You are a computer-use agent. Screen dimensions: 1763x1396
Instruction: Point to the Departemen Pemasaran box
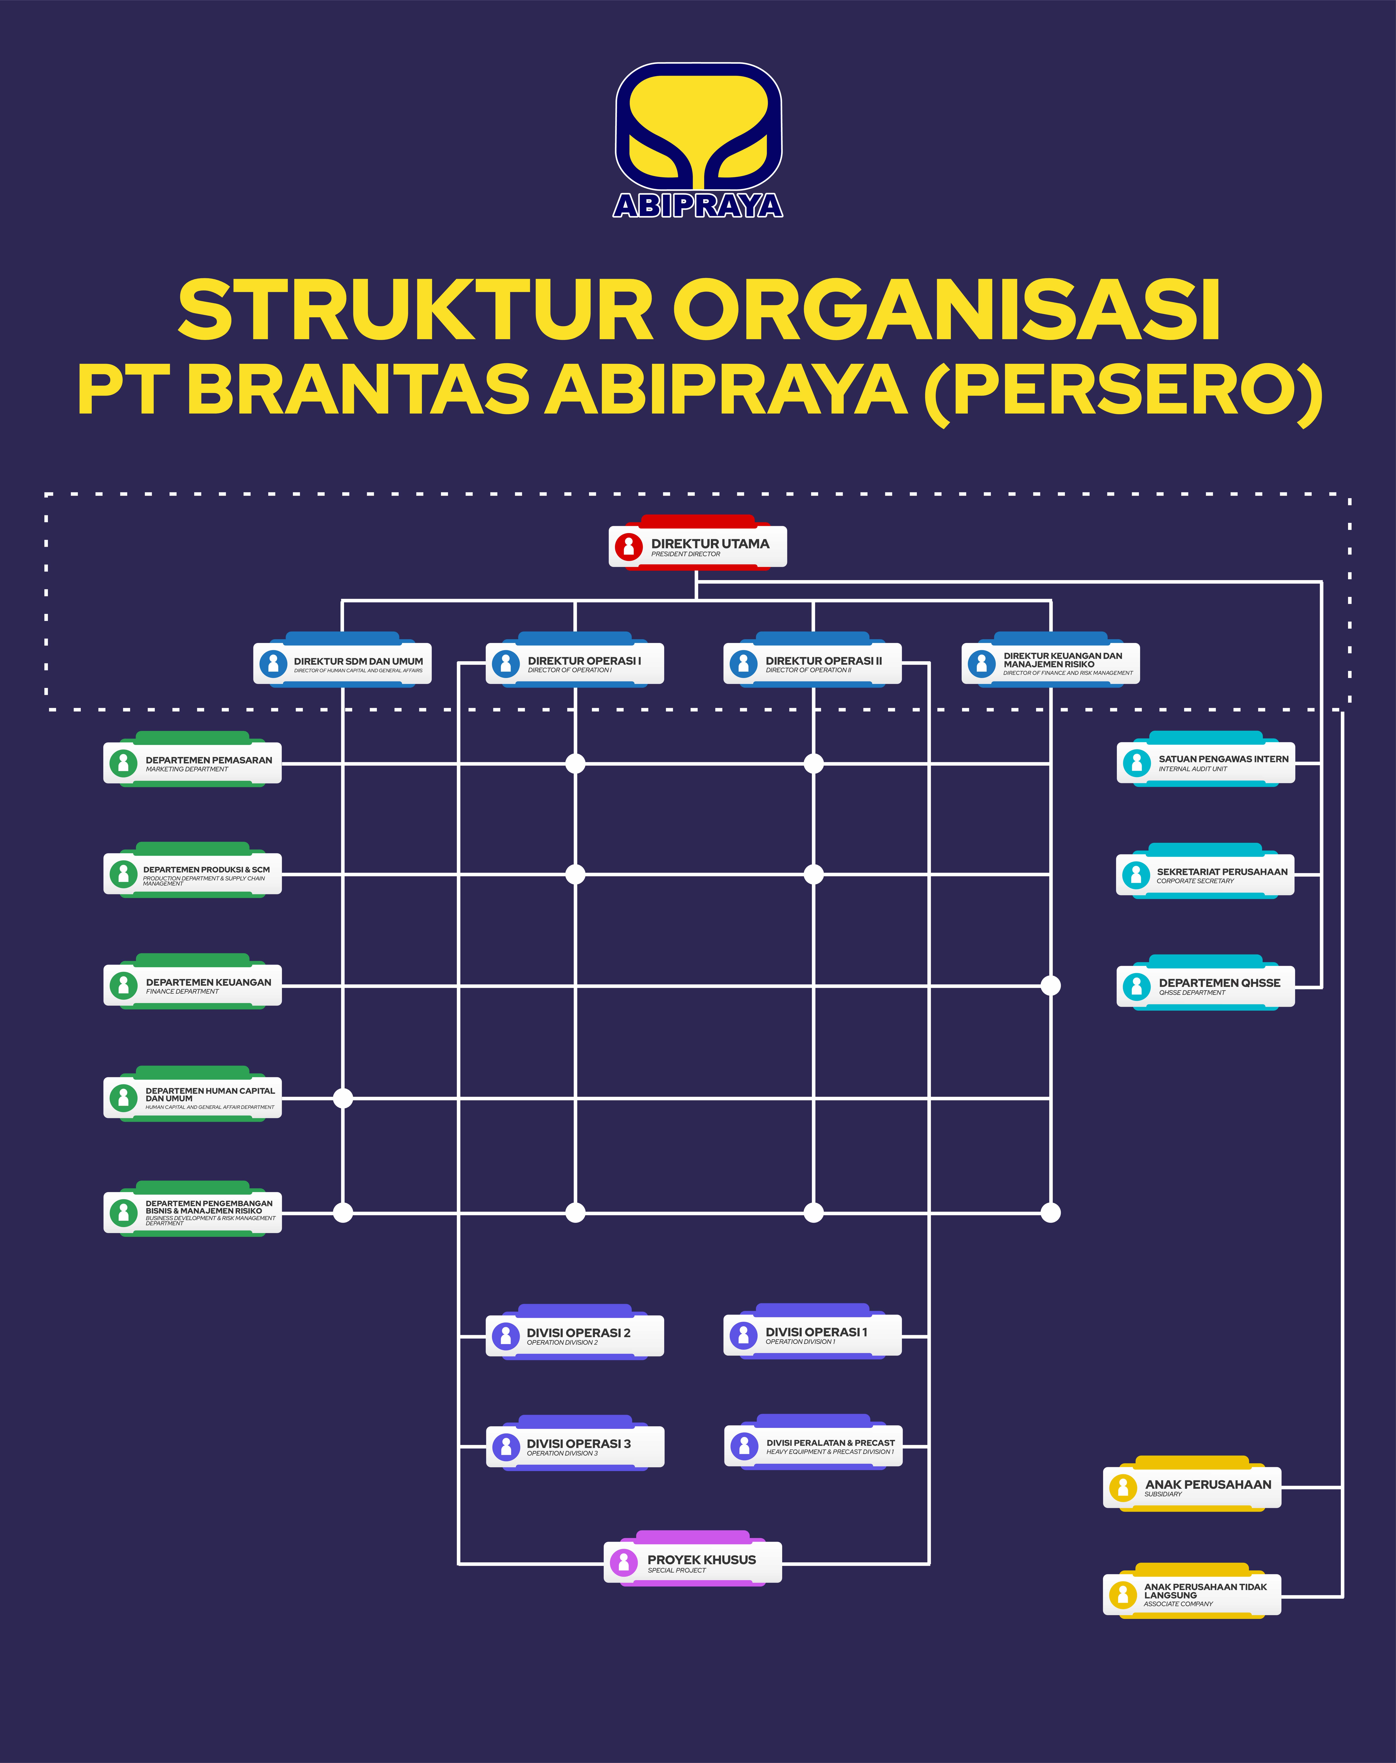pyautogui.click(x=193, y=763)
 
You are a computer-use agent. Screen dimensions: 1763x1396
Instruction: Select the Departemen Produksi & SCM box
pyautogui.click(x=193, y=874)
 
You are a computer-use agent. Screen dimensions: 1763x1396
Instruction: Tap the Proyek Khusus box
pyautogui.click(x=693, y=1562)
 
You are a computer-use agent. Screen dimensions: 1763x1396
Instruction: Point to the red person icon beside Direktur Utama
pyautogui.click(x=629, y=546)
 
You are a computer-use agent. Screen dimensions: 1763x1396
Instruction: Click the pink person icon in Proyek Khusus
pyautogui.click(x=624, y=1562)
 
